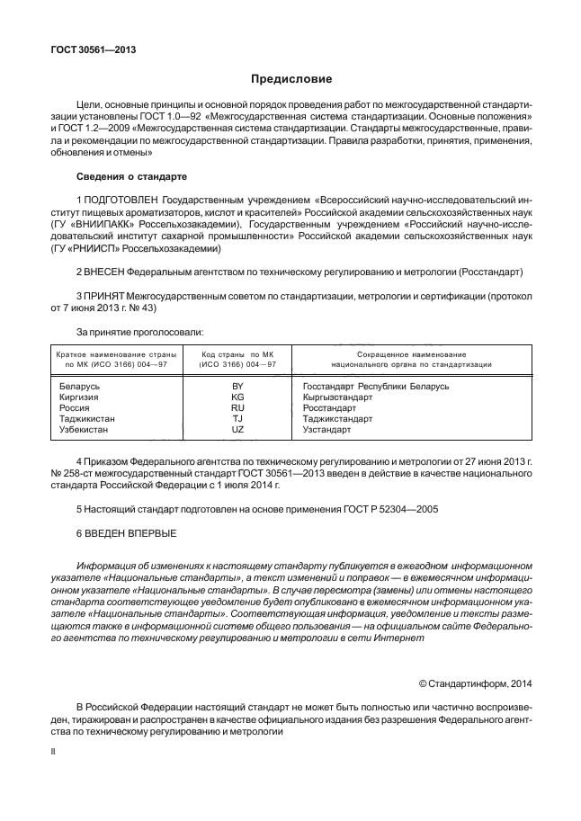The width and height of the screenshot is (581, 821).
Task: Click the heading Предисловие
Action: coord(290,79)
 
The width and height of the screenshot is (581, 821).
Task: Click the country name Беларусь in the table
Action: coord(78,386)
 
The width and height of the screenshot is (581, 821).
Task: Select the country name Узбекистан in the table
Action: coord(84,430)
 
